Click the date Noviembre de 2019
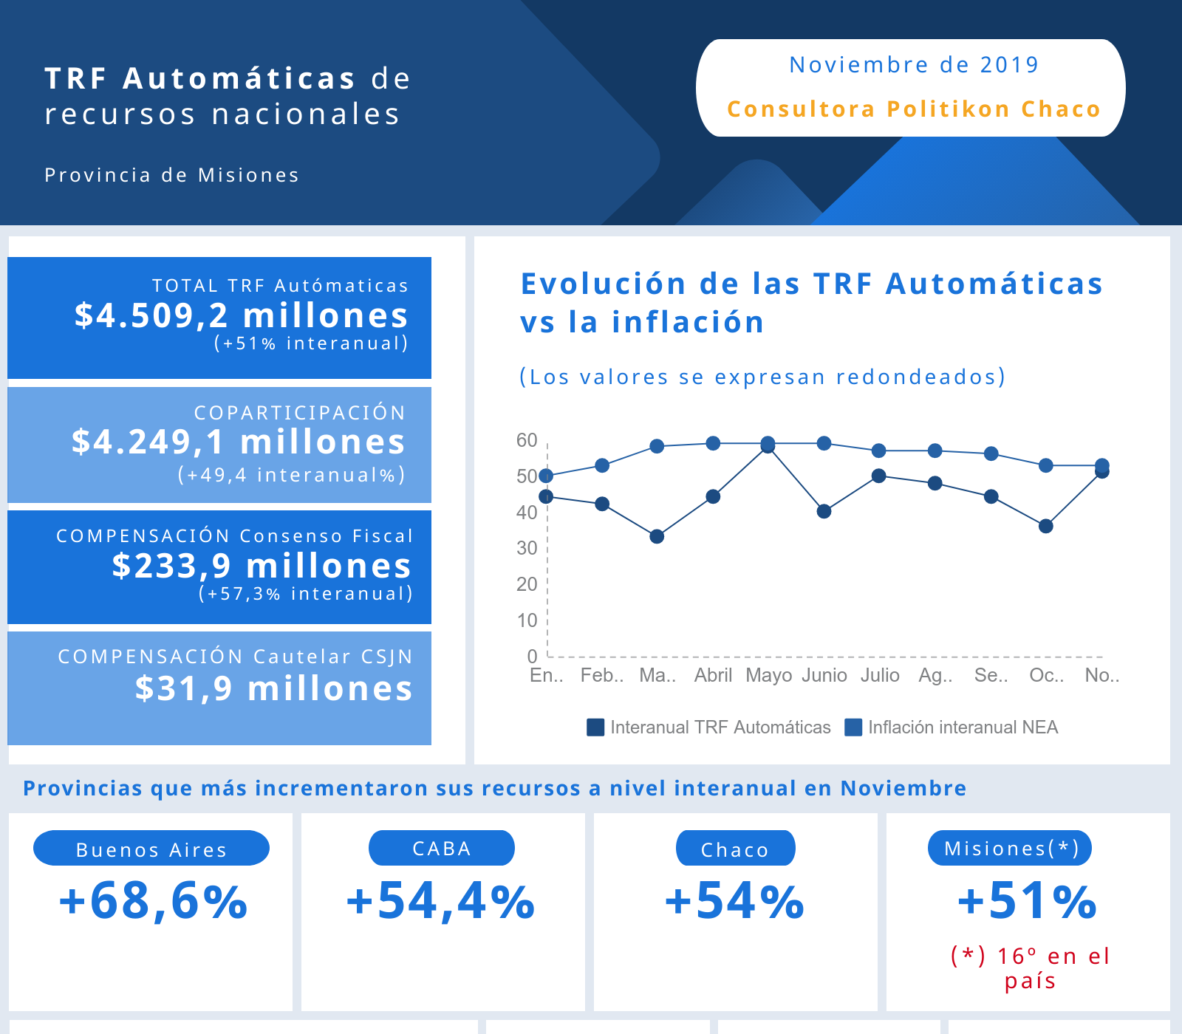[x=914, y=65]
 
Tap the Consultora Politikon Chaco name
[x=914, y=109]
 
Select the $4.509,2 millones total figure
[x=241, y=315]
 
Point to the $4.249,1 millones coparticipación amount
[x=239, y=442]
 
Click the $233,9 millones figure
[x=262, y=566]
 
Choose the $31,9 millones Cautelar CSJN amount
[x=273, y=688]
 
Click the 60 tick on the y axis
[x=527, y=440]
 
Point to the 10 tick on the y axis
[x=527, y=620]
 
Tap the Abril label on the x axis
[x=713, y=675]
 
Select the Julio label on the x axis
[x=880, y=675]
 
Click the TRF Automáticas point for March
[x=657, y=536]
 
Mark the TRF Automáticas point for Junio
[x=824, y=511]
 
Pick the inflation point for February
[x=602, y=465]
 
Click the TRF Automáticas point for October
[x=1045, y=526]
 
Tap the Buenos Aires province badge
[x=151, y=849]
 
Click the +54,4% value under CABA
[x=441, y=902]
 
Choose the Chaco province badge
[x=735, y=849]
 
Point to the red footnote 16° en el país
[x=1031, y=968]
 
